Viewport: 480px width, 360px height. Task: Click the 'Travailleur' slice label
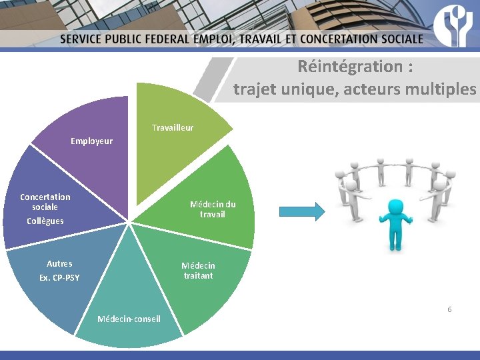[173, 127]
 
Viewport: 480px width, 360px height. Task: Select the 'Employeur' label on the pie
[92, 141]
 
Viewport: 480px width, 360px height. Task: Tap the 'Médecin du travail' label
[213, 209]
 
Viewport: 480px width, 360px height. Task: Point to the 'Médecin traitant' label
[198, 270]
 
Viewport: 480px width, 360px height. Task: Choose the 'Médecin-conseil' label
[129, 319]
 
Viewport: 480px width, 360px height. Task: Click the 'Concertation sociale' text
[45, 202]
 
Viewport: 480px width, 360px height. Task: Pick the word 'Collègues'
[45, 221]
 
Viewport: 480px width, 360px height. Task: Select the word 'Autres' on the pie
[59, 264]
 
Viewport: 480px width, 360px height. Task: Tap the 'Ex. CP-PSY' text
[59, 277]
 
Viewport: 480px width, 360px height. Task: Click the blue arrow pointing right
[301, 212]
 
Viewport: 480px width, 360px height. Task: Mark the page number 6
[449, 309]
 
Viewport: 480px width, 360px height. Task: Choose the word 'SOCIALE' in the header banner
[397, 39]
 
